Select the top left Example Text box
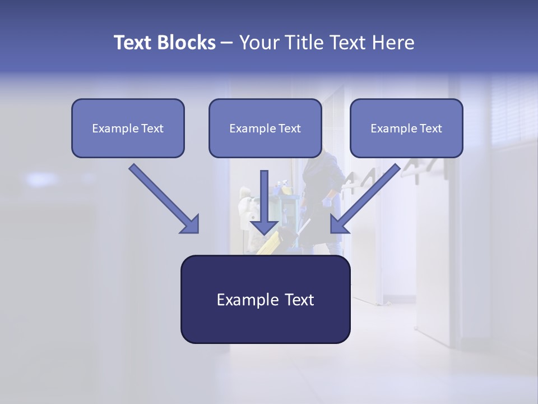coord(128,128)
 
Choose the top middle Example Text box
coord(265,128)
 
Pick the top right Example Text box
coord(406,128)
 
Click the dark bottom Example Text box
coord(265,300)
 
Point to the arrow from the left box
coord(163,198)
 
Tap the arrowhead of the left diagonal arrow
coord(191,224)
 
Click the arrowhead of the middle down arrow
coord(264,227)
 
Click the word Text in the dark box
coord(297,300)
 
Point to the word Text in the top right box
coord(430,128)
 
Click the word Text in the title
coord(133,43)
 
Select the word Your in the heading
coord(257,43)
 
